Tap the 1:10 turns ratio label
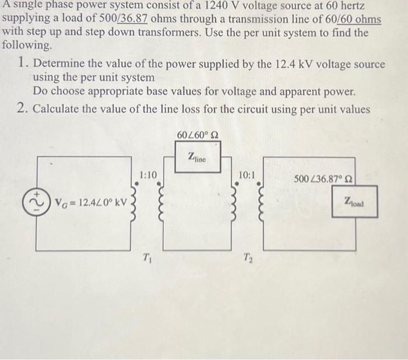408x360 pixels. point(148,174)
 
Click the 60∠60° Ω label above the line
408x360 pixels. point(198,135)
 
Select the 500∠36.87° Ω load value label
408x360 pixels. point(325,177)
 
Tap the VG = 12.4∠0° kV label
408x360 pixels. point(88,203)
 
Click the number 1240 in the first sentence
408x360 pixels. point(217,6)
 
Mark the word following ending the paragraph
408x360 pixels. point(26,44)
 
